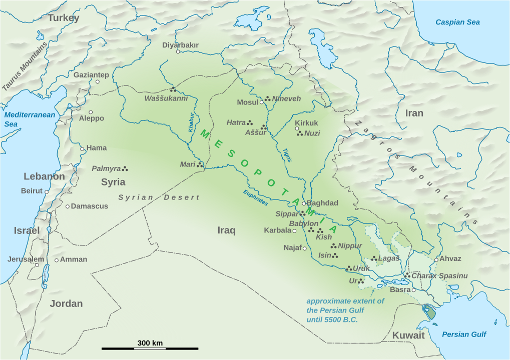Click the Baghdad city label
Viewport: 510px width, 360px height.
(322, 203)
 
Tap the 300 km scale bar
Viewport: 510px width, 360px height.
(150, 348)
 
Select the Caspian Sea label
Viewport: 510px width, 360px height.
(457, 22)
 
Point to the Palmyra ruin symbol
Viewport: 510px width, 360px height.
(125, 168)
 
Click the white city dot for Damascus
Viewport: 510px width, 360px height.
(68, 206)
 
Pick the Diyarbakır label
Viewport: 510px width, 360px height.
(180, 45)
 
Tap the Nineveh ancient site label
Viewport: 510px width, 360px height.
(286, 99)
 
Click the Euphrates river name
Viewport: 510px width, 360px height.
(256, 197)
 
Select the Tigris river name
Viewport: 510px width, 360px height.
(286, 154)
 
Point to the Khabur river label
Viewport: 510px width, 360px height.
(191, 122)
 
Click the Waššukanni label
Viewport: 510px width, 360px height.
(166, 98)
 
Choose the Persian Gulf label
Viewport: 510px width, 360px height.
(464, 334)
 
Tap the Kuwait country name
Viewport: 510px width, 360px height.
(408, 335)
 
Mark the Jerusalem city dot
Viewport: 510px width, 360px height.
(37, 264)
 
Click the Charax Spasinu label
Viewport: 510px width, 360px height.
(439, 275)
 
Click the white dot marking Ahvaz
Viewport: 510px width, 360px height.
(436, 259)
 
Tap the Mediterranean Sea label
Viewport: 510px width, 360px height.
(30, 119)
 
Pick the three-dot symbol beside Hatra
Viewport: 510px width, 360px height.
(250, 123)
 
